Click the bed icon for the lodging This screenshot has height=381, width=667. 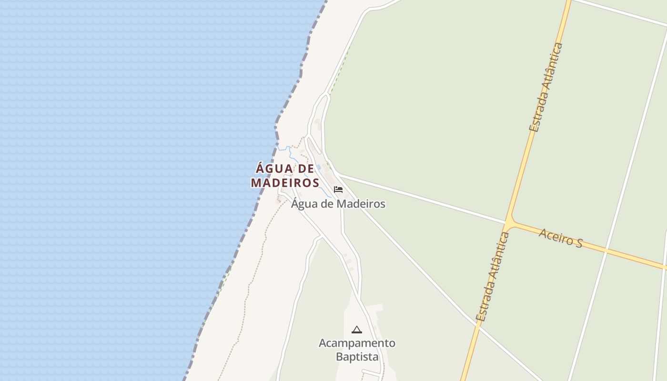[338, 190]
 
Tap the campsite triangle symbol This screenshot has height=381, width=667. [356, 330]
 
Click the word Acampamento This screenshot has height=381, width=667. [357, 343]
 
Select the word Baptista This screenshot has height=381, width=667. [357, 357]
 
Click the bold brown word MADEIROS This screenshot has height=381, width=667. [285, 182]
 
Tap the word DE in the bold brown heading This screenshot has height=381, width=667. [305, 169]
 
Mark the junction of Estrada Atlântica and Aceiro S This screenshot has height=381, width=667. [509, 222]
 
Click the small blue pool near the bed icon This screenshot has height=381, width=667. [319, 167]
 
